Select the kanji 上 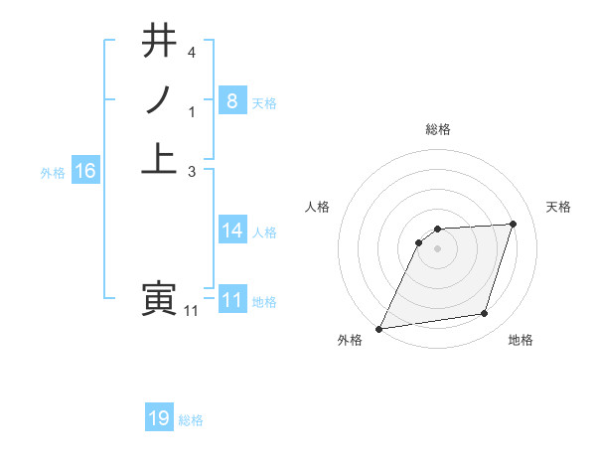tap(159, 158)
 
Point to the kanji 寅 tap(159, 297)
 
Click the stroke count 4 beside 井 tap(192, 53)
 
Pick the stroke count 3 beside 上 tap(192, 171)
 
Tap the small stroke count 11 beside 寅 tap(192, 311)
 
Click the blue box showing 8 tap(231, 100)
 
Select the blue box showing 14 tap(231, 231)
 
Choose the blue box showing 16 tap(85, 171)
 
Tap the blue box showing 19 tap(159, 418)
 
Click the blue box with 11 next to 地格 tap(231, 300)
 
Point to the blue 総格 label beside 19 tap(191, 420)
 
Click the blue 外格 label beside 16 tap(53, 173)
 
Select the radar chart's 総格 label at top tap(438, 129)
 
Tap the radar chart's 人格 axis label tap(317, 206)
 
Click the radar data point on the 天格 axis tap(514, 224)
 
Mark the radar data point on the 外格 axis tap(379, 329)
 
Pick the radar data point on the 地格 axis tap(485, 314)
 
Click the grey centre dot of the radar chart tap(438, 248)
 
